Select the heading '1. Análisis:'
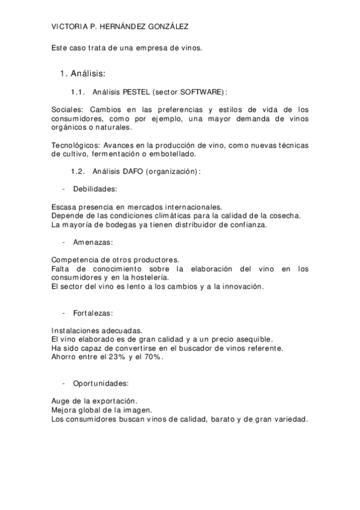83,73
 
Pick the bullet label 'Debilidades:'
95,189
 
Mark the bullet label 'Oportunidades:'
100,383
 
